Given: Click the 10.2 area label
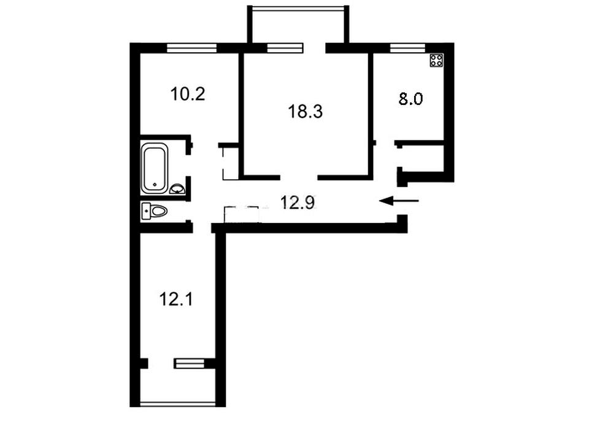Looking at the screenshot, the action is (188, 94).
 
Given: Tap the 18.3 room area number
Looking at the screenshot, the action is (306, 112).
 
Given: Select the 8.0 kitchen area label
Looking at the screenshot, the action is (410, 99).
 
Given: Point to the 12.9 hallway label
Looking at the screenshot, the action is (298, 203).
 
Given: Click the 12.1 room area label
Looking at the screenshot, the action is (176, 300).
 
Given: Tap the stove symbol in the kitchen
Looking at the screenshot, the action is (436, 61).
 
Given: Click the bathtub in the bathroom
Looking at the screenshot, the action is (155, 169).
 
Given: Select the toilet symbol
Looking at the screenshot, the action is (155, 211).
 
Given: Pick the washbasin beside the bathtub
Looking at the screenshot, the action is (177, 189).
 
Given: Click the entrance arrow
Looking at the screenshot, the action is (399, 201).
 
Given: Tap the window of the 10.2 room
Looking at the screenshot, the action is (192, 48).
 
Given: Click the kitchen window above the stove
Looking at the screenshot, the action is (407, 48).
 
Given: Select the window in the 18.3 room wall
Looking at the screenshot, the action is (285, 48).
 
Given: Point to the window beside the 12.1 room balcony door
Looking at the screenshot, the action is (190, 363).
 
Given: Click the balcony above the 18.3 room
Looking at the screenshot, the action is (298, 25).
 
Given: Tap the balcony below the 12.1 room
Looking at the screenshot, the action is (178, 387).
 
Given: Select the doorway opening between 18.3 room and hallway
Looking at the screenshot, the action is (299, 177).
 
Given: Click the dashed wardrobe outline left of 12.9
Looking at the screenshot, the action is (242, 214).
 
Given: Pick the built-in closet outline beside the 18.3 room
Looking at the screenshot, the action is (231, 164).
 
